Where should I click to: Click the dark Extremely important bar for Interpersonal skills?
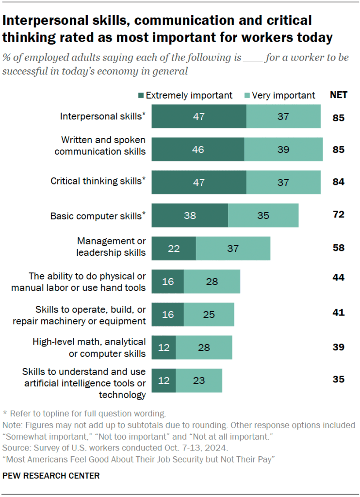point(199,116)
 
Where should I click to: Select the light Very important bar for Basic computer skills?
point(263,215)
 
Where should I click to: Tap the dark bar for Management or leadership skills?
point(174,248)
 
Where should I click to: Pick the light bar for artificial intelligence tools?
point(199,381)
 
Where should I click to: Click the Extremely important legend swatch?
point(141,95)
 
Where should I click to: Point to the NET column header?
point(338,95)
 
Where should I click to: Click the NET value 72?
point(338,214)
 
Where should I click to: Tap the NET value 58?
point(338,248)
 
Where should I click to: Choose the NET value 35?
point(338,379)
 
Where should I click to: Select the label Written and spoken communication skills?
point(100,146)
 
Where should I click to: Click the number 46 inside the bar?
point(198,149)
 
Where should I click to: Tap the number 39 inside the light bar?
point(283,149)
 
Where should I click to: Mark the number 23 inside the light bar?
point(198,381)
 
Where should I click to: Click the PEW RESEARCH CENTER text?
point(51,476)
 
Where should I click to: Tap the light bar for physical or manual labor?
point(212,282)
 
